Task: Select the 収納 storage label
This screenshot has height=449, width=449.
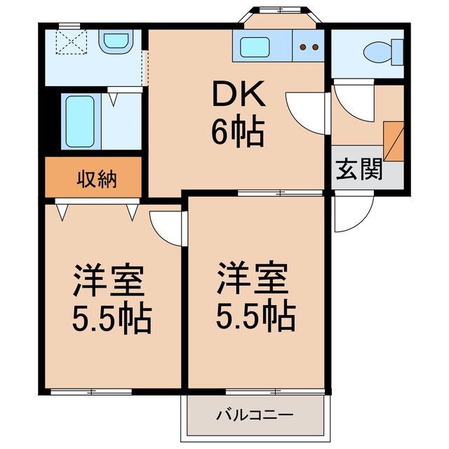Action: [x=97, y=179]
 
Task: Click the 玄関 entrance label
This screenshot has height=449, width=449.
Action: [x=359, y=170]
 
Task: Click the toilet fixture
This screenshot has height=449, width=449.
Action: [x=379, y=51]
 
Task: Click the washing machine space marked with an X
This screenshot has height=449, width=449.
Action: [x=69, y=44]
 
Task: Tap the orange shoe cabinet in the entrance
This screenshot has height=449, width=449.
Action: [x=394, y=140]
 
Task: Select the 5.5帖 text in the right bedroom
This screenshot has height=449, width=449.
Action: [x=255, y=317]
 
